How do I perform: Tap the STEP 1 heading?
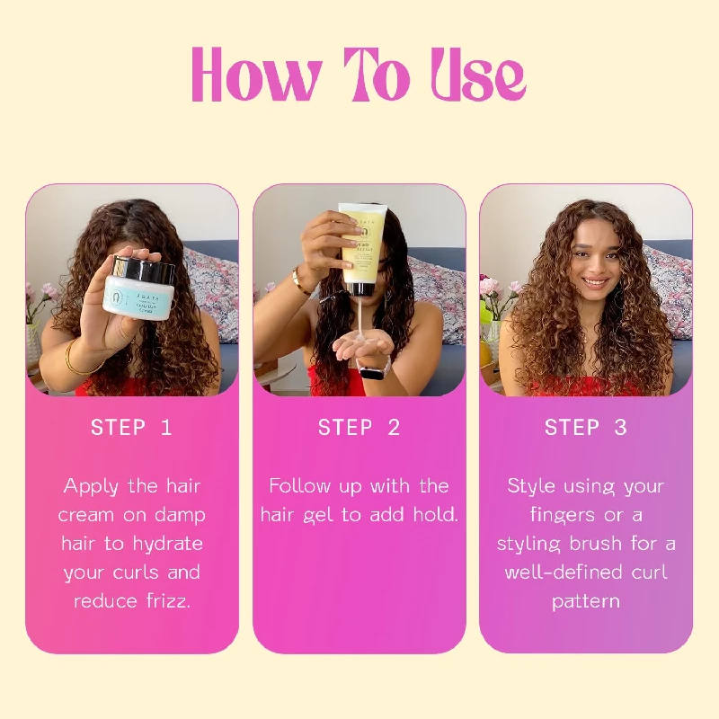pos(131,428)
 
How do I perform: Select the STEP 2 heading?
pos(359,428)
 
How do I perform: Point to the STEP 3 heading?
pos(586,428)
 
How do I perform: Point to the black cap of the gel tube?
pos(361,289)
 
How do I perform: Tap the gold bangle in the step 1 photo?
pos(76,362)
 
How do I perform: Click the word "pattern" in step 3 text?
pos(586,601)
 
